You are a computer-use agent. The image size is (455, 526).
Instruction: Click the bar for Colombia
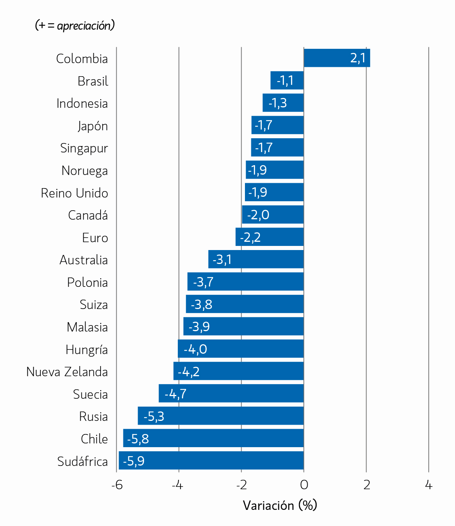pyautogui.click(x=337, y=58)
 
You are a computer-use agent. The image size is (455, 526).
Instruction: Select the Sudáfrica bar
pyautogui.click(x=211, y=460)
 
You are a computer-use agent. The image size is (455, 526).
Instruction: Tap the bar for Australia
pyautogui.click(x=256, y=259)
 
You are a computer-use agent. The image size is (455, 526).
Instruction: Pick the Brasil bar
pyautogui.click(x=287, y=80)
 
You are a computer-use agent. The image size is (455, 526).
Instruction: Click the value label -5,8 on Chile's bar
pyautogui.click(x=138, y=439)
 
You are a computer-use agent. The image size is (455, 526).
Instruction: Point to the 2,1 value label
pyautogui.click(x=357, y=58)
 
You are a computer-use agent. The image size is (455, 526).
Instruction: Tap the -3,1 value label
pyautogui.click(x=222, y=260)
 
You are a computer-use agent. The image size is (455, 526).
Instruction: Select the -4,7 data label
pyautogui.click(x=176, y=394)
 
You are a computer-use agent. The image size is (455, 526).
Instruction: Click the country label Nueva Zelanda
pyautogui.click(x=67, y=372)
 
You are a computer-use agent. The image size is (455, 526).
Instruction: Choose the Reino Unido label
pyautogui.click(x=75, y=193)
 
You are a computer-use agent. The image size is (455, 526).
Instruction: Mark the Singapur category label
pyautogui.click(x=84, y=148)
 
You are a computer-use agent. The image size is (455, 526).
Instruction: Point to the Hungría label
pyautogui.click(x=87, y=350)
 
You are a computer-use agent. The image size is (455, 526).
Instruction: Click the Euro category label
pyautogui.click(x=95, y=238)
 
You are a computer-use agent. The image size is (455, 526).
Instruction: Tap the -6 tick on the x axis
pyautogui.click(x=117, y=485)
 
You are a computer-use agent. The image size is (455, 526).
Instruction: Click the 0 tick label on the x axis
pyautogui.click(x=304, y=485)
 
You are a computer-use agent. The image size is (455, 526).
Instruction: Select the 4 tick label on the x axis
pyautogui.click(x=429, y=485)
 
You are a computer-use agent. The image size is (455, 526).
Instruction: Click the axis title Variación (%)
pyautogui.click(x=280, y=505)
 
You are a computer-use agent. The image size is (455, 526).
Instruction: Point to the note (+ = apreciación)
pyautogui.click(x=75, y=26)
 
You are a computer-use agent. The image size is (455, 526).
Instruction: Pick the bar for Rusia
pyautogui.click(x=221, y=416)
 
